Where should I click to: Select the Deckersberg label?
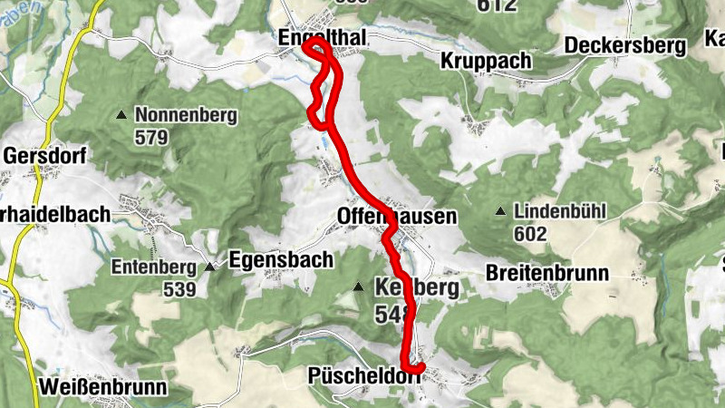[625, 45]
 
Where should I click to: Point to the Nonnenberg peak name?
[186, 115]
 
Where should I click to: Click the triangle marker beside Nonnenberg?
[121, 115]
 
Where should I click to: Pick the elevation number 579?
[151, 138]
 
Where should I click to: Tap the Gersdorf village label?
[45, 155]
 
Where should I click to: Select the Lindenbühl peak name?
[558, 212]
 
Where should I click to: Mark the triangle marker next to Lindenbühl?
[500, 212]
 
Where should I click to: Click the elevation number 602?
[530, 234]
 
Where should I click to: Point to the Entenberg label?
[153, 267]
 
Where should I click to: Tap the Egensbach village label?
[281, 258]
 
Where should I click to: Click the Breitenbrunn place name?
[546, 272]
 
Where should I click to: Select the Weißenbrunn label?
[103, 387]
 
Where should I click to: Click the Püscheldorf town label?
[364, 375]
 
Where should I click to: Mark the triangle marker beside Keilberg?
[358, 287]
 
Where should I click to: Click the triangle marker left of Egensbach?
[210, 267]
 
